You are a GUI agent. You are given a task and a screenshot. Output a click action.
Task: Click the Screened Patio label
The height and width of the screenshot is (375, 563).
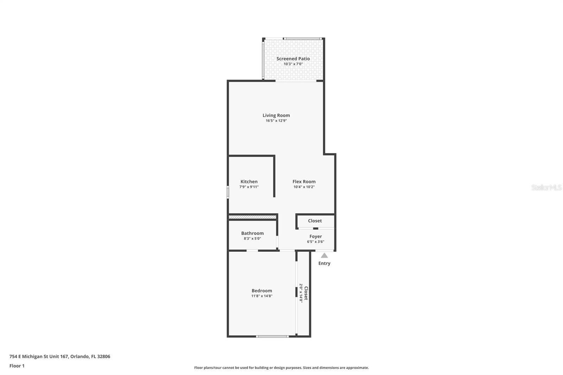293,59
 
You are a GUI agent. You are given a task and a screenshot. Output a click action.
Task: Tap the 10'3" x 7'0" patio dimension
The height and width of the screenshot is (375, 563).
293,64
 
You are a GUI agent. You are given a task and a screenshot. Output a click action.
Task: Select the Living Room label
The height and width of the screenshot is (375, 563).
276,115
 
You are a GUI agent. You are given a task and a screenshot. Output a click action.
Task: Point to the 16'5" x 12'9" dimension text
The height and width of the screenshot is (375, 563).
276,121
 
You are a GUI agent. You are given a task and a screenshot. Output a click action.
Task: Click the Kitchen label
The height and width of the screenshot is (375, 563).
249,182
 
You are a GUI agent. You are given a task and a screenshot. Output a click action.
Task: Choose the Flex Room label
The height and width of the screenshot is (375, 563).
304,182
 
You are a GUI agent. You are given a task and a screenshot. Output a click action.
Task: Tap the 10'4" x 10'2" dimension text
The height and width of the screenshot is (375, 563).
304,187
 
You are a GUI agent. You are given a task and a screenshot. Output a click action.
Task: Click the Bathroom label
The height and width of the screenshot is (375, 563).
252,233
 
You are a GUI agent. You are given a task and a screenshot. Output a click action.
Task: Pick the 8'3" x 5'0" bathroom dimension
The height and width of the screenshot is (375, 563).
252,239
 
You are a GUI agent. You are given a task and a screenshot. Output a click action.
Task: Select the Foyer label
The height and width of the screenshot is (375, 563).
316,236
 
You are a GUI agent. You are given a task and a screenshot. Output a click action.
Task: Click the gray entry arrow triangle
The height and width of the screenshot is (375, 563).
324,256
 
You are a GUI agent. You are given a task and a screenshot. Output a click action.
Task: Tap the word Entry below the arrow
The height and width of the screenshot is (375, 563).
324,263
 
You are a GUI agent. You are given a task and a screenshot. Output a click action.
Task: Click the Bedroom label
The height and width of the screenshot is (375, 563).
262,291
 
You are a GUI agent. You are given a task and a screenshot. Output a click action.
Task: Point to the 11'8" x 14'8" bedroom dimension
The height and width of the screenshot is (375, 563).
262,296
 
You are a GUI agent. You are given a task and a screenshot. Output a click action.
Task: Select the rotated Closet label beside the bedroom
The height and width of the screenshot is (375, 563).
306,293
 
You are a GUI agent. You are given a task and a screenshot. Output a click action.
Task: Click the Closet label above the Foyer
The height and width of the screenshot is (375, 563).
315,221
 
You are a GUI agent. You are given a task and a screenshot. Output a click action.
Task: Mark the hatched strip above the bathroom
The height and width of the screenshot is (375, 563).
252,217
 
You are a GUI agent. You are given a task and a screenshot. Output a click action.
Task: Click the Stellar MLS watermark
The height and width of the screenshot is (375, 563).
546,187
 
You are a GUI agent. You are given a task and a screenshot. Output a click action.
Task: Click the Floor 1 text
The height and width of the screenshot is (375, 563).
17,366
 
